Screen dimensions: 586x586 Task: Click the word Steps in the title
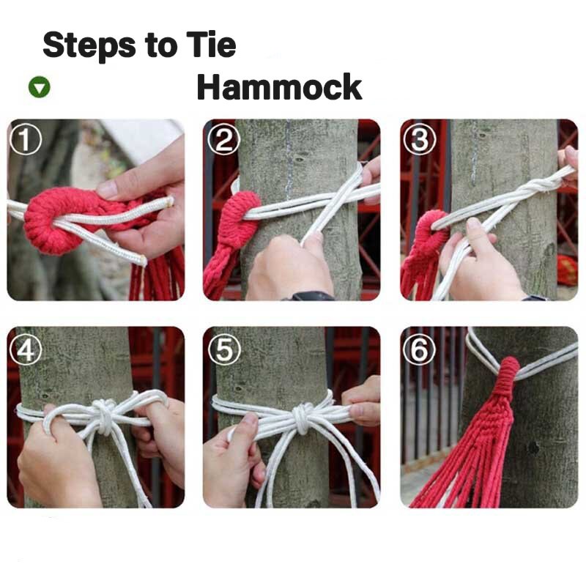point(89,45)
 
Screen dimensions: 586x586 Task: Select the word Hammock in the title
point(279,86)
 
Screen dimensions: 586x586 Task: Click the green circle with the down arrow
point(40,86)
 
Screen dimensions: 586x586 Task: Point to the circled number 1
point(26,139)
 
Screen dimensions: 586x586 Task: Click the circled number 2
point(223,139)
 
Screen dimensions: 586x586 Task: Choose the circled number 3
point(420,139)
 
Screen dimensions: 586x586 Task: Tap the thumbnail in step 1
point(107,189)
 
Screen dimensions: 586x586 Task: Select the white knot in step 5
point(302,418)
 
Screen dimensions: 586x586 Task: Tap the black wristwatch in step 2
point(309,296)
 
